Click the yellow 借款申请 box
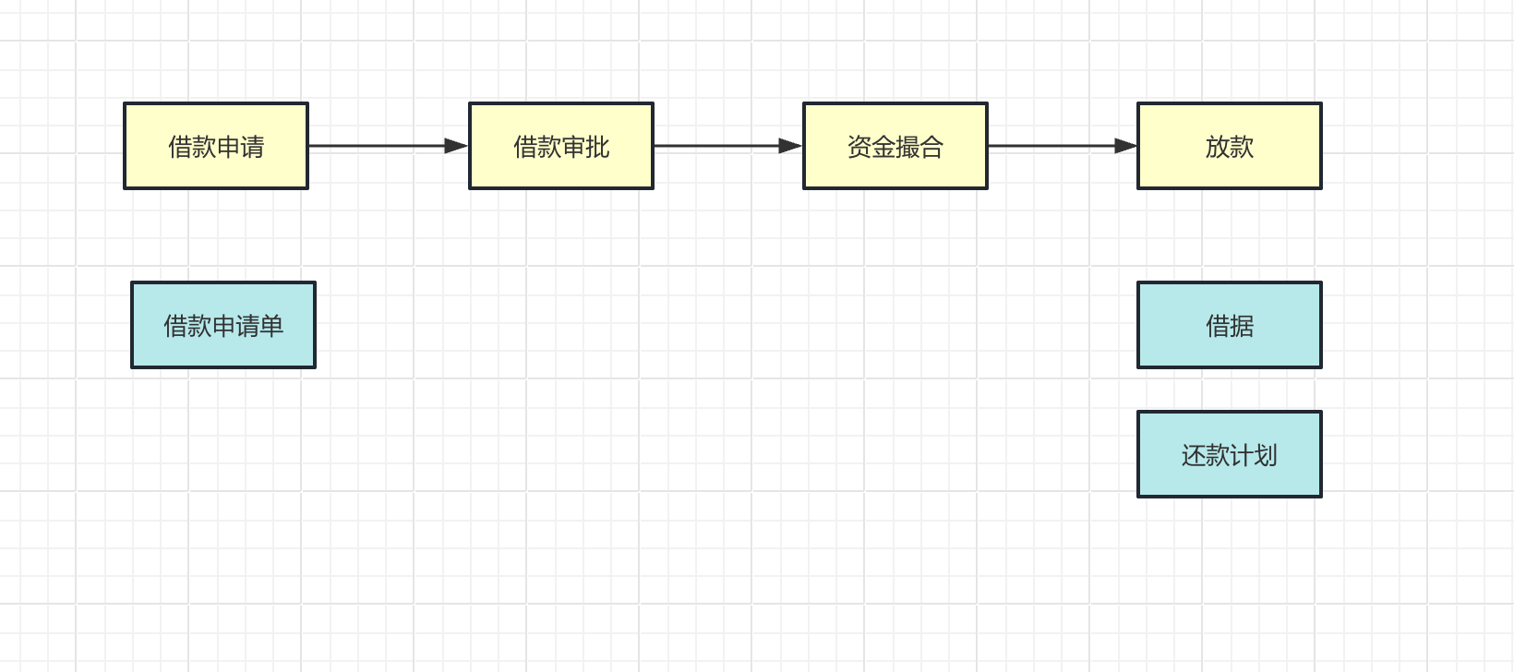[x=216, y=146]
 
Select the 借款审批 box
[x=561, y=146]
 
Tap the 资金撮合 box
[x=895, y=146]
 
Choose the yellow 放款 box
[x=1230, y=146]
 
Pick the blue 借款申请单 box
[x=223, y=325]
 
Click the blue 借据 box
[x=1230, y=325]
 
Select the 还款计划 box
[x=1230, y=454]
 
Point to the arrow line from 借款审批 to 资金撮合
[x=715, y=146]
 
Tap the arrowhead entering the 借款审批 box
[x=456, y=146]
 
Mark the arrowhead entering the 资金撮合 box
[x=790, y=146]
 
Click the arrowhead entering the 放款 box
[x=1125, y=146]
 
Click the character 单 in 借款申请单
[x=272, y=326]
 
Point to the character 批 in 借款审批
[x=598, y=147]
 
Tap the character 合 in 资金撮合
[x=931, y=147]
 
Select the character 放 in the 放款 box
[x=1217, y=147]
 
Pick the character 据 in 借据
[x=1243, y=326]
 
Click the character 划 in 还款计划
[x=1266, y=455]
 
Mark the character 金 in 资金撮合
[x=883, y=147]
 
